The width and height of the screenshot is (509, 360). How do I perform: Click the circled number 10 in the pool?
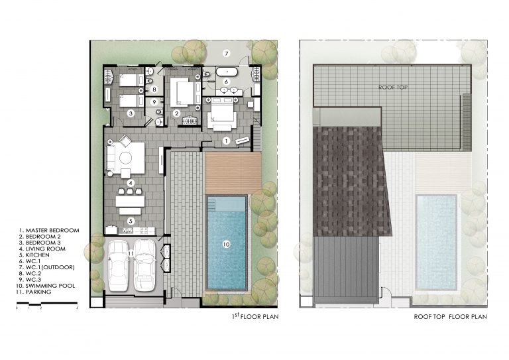point(226,244)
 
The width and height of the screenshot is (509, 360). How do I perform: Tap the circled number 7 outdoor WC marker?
point(227,53)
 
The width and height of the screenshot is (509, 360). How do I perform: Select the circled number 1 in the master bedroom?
point(226,141)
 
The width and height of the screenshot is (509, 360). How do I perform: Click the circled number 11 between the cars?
point(131,253)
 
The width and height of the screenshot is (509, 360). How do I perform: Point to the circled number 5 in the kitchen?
point(131,221)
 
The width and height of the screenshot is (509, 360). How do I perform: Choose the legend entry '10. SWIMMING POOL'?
point(46,286)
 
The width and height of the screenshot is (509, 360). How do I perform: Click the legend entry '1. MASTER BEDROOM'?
point(49,230)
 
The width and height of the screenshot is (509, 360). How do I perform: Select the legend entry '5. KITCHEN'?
point(34,255)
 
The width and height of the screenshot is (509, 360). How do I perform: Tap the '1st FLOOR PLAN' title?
point(255,316)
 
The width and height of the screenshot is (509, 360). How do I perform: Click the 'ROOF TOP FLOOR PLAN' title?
point(450,316)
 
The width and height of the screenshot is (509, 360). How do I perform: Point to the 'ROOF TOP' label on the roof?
point(393,87)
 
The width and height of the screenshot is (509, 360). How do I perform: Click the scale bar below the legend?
point(47,304)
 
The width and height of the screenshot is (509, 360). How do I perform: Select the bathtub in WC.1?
point(227,72)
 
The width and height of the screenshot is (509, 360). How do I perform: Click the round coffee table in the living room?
point(125,158)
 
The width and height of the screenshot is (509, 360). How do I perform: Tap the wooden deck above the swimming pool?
point(233,173)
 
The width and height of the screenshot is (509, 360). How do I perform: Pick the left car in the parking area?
point(117,265)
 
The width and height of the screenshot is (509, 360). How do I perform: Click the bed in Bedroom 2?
point(185,93)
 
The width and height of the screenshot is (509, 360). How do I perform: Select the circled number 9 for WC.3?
point(154,102)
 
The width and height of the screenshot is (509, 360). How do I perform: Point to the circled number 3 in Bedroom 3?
point(131,113)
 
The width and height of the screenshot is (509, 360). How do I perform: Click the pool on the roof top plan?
point(436,243)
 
